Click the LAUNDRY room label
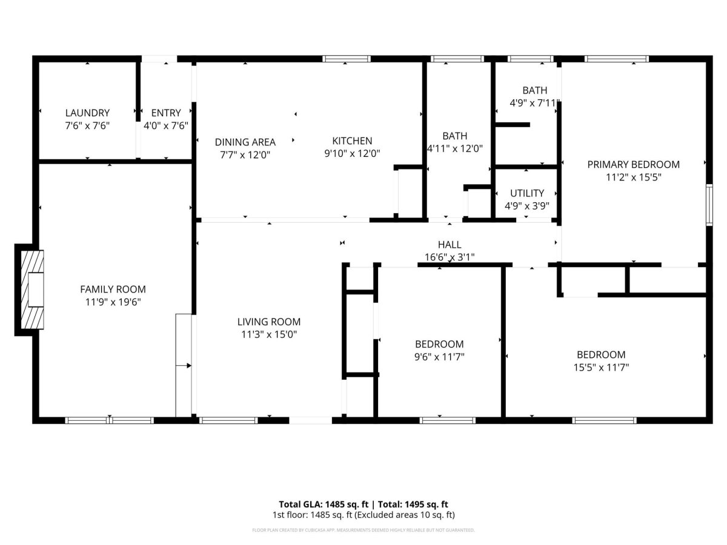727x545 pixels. (x=87, y=113)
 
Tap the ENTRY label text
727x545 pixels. (x=166, y=113)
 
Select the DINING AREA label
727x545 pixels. (x=245, y=142)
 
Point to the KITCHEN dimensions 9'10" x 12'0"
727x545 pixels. (x=352, y=154)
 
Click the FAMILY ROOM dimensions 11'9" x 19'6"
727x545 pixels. (x=113, y=302)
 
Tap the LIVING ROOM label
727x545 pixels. (x=269, y=322)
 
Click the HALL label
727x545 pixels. (x=450, y=245)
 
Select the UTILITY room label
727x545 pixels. (x=527, y=193)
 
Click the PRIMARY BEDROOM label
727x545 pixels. (x=633, y=165)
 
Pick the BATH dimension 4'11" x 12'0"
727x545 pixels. (x=455, y=148)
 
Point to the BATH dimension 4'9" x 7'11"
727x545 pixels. (x=534, y=103)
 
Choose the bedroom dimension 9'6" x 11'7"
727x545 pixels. (x=439, y=357)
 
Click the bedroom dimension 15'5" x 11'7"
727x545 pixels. (x=601, y=368)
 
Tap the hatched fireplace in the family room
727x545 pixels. (x=32, y=289)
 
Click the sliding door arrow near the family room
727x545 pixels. (x=184, y=366)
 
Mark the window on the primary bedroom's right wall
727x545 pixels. (x=709, y=205)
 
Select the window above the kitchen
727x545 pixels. (x=347, y=59)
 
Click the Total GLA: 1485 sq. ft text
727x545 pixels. (x=324, y=504)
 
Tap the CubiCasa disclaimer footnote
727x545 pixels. (x=363, y=530)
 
